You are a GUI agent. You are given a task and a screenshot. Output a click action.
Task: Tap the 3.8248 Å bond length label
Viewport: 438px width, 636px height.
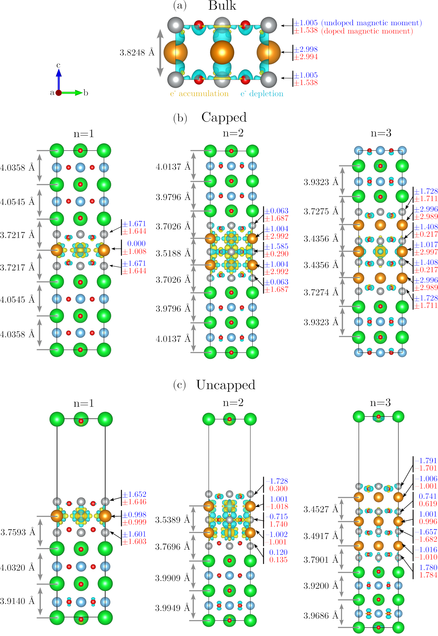pyautogui.click(x=137, y=52)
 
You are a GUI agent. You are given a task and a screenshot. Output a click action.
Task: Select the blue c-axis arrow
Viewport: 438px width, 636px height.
pyautogui.click(x=59, y=78)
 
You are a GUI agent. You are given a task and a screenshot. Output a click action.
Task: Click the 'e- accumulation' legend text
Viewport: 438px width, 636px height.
pyautogui.click(x=199, y=94)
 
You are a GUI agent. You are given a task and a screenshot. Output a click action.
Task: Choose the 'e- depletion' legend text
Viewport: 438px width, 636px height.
pyautogui.click(x=262, y=94)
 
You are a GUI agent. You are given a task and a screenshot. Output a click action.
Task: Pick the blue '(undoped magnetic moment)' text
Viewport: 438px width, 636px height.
pyautogui.click(x=371, y=23)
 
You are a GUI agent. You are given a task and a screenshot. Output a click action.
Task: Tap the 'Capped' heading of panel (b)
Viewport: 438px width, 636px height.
pyautogui.click(x=224, y=117)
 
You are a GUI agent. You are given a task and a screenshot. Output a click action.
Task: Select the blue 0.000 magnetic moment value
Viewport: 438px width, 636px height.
pyautogui.click(x=136, y=244)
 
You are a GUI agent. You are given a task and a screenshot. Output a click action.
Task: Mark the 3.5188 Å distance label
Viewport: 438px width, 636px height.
pyautogui.click(x=173, y=253)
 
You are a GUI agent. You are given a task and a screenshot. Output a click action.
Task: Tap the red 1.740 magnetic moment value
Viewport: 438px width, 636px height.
pyautogui.click(x=279, y=524)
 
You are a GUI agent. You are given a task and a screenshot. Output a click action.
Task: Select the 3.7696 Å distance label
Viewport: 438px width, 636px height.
pyautogui.click(x=173, y=539)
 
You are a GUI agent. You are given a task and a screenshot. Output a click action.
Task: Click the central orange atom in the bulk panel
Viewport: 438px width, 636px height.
pyautogui.click(x=222, y=52)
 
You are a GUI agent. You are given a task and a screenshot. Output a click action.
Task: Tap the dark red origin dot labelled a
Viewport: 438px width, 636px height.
pyautogui.click(x=58, y=93)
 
